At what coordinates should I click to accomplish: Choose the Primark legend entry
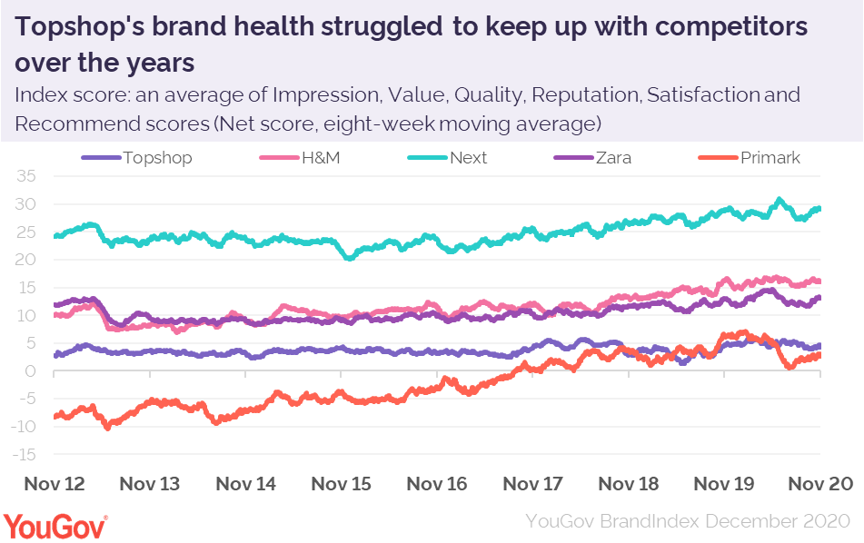point(769,158)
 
